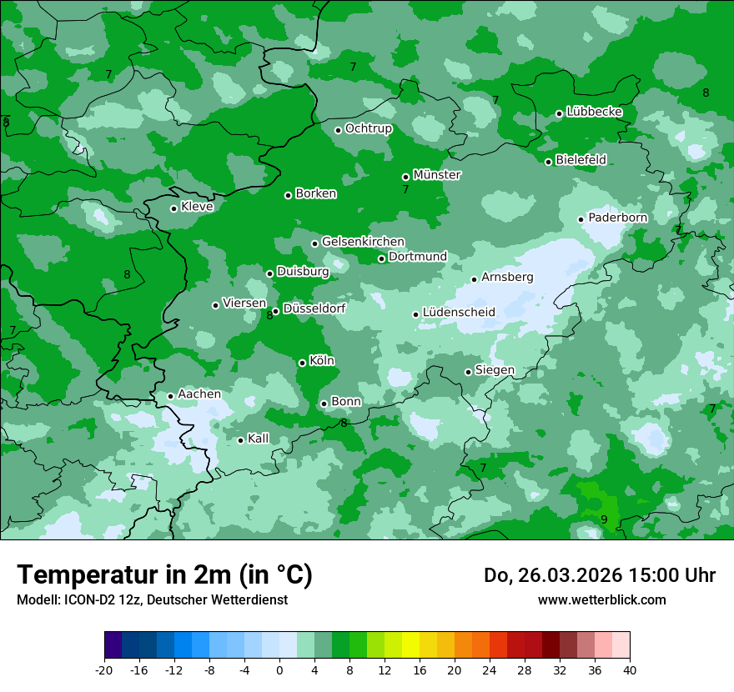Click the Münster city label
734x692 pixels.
coord(437,175)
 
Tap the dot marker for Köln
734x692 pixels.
coord(302,363)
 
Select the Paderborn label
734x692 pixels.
coord(617,218)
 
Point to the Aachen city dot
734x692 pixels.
coord(170,396)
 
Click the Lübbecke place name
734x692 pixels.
coord(594,112)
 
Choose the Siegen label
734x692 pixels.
coord(495,370)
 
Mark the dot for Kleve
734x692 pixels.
coord(173,208)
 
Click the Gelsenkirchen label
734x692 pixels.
coord(363,242)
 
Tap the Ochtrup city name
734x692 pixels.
coord(369,128)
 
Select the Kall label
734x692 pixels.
coord(259,439)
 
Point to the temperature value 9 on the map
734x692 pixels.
coord(604,519)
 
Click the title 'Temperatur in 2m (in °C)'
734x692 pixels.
coord(164,574)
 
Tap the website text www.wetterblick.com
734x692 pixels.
coord(601,599)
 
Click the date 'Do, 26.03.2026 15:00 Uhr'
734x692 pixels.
coord(599,575)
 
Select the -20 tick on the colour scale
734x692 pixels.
coord(104,669)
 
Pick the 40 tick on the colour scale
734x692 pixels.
coord(630,669)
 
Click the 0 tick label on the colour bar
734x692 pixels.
coord(279,669)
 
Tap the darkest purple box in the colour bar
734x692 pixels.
coord(113,645)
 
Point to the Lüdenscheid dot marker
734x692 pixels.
coord(415,314)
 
